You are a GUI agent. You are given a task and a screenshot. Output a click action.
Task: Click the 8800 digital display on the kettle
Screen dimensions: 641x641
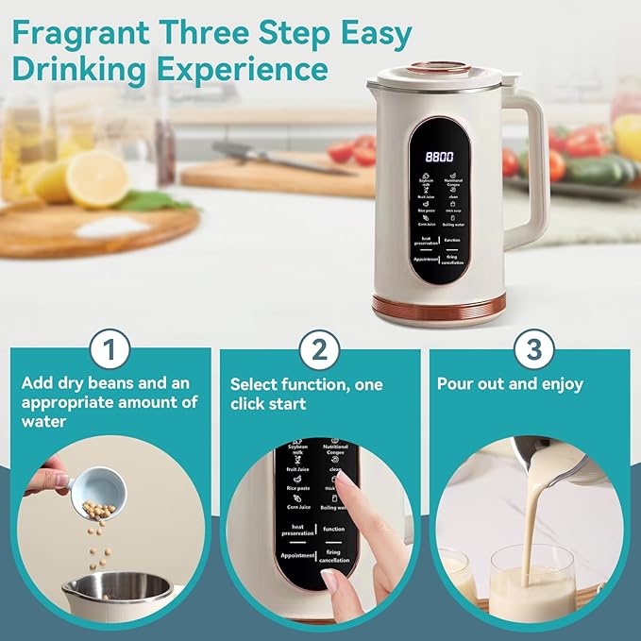440,158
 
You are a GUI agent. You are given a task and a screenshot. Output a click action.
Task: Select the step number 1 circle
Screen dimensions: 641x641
111,351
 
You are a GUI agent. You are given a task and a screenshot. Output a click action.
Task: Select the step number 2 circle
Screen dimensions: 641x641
319,351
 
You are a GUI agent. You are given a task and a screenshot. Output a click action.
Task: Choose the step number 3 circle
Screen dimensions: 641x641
533,351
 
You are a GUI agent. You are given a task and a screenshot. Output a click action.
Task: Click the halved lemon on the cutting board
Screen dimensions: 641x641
96,178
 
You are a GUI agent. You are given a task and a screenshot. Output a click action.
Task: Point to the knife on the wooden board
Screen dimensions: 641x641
255,158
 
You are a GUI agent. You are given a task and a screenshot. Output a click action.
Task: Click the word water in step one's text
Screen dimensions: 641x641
43,421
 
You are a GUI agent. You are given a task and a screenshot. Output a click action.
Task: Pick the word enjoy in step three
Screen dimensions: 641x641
561,384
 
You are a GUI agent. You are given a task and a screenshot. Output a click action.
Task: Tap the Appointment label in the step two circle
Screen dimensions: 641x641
297,556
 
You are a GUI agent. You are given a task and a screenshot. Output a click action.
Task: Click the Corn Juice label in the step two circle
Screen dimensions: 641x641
298,508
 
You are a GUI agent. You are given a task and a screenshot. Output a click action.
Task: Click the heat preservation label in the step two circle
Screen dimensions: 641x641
297,531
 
